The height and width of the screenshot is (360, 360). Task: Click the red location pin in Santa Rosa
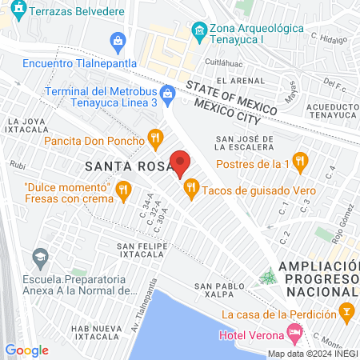click(x=181, y=163)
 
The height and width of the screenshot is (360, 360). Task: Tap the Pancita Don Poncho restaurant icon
click(x=155, y=141)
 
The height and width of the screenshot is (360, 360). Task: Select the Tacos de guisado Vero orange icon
click(x=190, y=190)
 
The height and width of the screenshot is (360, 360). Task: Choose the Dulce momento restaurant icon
click(x=122, y=190)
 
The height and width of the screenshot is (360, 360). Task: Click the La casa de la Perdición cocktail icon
click(x=346, y=310)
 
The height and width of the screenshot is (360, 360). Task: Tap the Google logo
click(x=27, y=350)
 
